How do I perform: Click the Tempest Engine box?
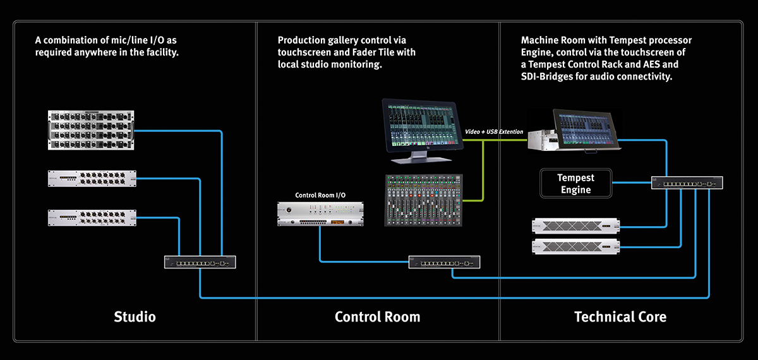coord(576,183)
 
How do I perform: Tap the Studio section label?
coord(135,316)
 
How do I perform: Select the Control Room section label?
coord(377,316)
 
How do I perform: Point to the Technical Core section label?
coord(620,316)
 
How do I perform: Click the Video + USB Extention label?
coord(494,131)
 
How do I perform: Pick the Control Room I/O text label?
coord(321,195)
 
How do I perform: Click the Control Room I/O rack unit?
coord(321,213)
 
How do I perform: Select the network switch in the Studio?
coord(200,261)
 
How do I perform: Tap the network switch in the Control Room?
coord(444,261)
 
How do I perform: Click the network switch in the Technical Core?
coord(687,183)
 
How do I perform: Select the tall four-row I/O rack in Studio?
coord(92,131)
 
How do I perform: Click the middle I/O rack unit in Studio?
coord(92,179)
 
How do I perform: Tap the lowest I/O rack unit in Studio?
coord(92,218)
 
